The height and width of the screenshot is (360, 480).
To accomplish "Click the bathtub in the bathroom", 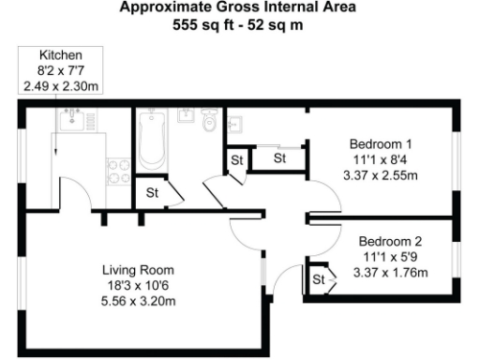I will (x=150, y=141).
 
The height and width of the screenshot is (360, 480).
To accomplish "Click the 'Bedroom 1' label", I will (x=381, y=144).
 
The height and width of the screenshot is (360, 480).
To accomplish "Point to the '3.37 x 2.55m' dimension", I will (x=381, y=174).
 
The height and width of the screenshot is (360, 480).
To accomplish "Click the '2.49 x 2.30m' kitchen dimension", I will (x=60, y=85).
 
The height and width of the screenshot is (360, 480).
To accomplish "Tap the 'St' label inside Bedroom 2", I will (x=318, y=279).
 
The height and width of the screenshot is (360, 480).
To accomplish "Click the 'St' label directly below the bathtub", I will (x=152, y=194).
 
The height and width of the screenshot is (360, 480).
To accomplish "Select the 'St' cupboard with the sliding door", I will (x=279, y=159).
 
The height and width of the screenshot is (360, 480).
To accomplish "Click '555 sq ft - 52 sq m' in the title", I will (x=239, y=23).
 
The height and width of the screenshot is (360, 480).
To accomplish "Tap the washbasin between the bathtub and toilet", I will (x=186, y=117).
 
